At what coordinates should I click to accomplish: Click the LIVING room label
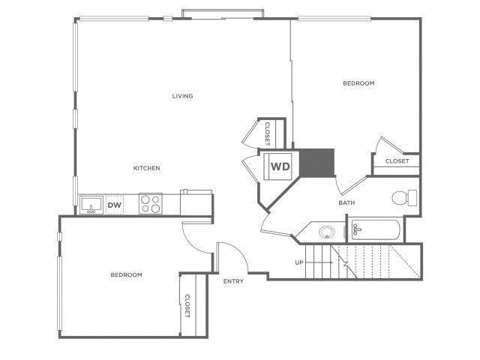click(x=182, y=96)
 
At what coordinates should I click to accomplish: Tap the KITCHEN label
click(x=147, y=168)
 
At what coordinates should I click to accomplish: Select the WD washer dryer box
click(x=278, y=166)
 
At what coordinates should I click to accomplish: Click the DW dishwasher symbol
click(x=115, y=205)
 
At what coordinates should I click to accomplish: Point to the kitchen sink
click(x=91, y=205)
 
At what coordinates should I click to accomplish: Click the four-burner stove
click(x=151, y=203)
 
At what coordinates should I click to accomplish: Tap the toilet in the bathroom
click(x=404, y=198)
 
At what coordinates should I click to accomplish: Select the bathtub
click(x=376, y=229)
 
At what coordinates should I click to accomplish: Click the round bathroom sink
click(x=327, y=232)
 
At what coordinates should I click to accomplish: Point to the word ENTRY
click(x=233, y=281)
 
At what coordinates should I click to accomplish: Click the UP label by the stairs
click(x=299, y=262)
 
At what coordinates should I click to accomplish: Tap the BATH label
click(x=346, y=202)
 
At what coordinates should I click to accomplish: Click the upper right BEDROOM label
click(x=358, y=83)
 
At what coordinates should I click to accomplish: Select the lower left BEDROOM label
click(x=127, y=275)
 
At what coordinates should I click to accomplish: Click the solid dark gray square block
click(x=316, y=163)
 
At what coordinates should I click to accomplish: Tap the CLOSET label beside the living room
click(x=267, y=133)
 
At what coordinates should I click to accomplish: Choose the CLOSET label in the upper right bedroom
click(x=397, y=161)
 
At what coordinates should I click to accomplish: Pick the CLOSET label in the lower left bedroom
click(x=187, y=306)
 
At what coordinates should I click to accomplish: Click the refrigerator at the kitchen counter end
click(x=196, y=202)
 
